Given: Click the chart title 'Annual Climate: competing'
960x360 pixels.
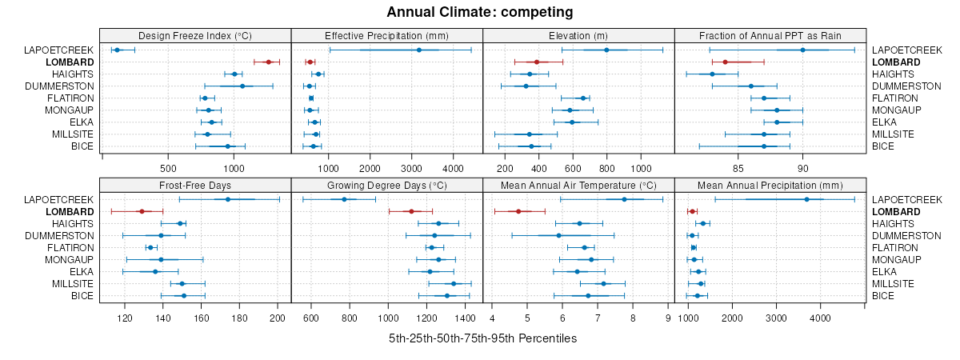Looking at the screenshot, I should click(479, 12).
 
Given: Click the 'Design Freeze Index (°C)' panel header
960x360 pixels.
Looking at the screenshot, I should click(195, 35).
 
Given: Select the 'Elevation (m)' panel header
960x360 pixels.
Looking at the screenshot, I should click(578, 35).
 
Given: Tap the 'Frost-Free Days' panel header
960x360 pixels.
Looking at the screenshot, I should click(195, 184).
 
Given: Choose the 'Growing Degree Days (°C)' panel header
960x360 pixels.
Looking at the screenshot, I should click(386, 184).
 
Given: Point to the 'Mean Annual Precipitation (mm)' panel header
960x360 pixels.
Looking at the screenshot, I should click(770, 184).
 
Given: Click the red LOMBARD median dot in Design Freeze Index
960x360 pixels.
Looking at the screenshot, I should click(268, 62).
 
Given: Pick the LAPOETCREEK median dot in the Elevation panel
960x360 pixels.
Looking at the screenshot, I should click(606, 50).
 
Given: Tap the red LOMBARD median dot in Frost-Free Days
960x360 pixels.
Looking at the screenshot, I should click(142, 211).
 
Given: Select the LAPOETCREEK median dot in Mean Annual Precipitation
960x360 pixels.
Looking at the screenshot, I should click(806, 199).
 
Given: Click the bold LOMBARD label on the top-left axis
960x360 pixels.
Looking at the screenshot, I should click(70, 62).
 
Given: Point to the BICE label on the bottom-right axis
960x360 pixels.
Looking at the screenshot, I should click(883, 295).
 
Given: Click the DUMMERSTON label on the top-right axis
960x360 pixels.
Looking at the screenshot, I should click(906, 86).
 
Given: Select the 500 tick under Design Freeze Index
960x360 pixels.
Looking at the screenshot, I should click(168, 168).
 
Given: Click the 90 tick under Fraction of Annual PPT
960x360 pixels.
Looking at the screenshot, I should click(802, 168).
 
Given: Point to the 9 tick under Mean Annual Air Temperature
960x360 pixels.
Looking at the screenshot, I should click(668, 318).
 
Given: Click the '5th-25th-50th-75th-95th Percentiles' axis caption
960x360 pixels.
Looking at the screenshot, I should click(482, 338).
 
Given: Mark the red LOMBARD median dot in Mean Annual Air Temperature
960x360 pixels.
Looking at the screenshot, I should click(518, 211).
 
